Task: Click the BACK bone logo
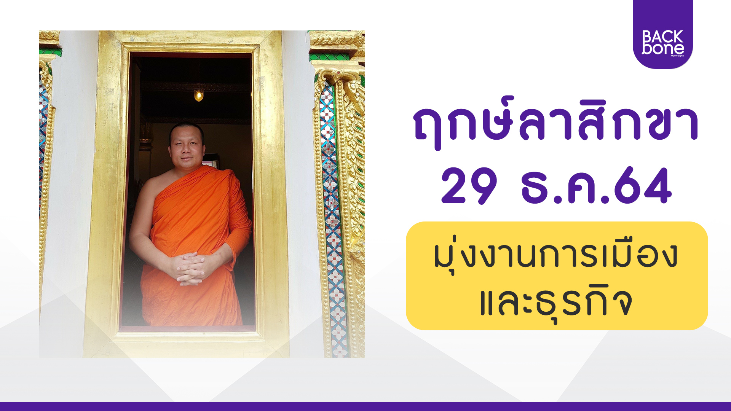(x=663, y=34)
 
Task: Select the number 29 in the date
(x=469, y=186)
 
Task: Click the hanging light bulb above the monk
(x=198, y=95)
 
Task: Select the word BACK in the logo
(x=663, y=37)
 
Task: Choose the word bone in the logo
(x=663, y=48)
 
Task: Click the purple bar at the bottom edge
(x=365, y=406)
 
